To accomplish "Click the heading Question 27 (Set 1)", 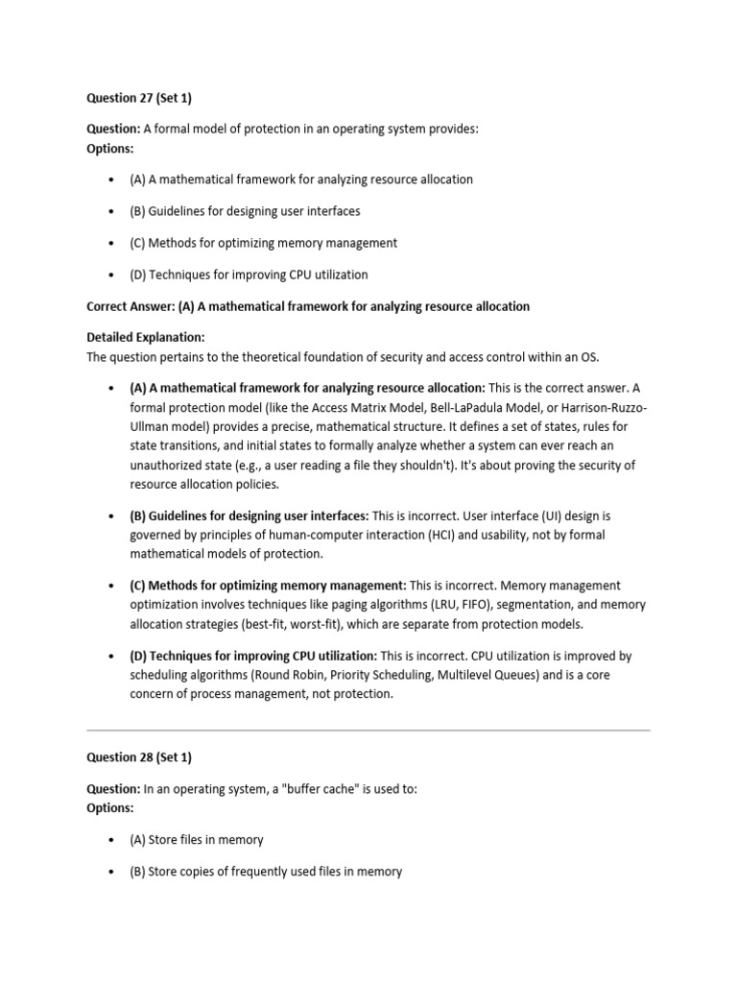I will click(x=139, y=97).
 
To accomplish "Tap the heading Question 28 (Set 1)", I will click(x=139, y=757).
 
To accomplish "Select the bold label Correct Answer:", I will click(x=131, y=306).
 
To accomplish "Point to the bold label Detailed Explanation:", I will click(x=146, y=338).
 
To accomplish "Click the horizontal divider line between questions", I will click(x=368, y=731).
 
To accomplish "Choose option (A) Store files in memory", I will click(x=196, y=840).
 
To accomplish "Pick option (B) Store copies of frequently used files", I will click(x=266, y=872).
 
